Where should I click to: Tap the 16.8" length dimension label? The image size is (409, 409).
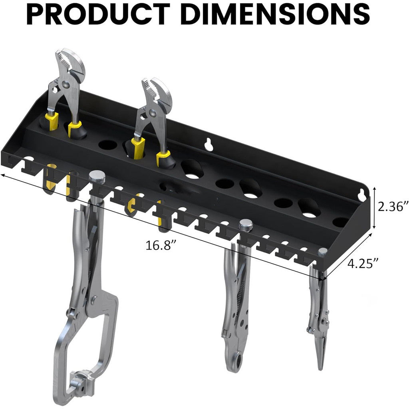161,245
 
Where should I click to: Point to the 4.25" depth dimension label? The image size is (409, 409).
363,263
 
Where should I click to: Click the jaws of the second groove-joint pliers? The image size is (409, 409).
157,91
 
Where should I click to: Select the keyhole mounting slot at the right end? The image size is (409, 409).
363,193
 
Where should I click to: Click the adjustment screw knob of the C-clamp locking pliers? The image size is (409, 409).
97,177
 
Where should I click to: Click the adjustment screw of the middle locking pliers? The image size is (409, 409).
246,226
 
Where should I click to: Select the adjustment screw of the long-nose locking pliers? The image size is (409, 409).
322,252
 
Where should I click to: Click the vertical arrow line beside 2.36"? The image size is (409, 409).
375,208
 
